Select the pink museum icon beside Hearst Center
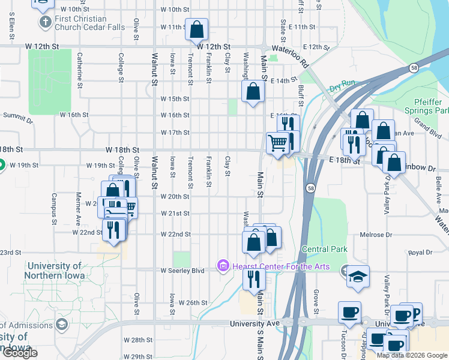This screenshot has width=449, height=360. pos(223,265)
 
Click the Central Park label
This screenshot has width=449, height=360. pos(325,248)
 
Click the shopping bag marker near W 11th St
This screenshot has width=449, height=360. pos(197,29)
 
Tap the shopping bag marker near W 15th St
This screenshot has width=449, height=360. pos(253,92)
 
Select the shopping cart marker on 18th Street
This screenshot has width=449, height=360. pos(277,143)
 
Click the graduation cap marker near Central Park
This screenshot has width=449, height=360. pos(358,276)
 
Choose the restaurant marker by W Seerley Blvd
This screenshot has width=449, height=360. pos(253,278)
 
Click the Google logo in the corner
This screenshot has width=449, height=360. pos(19,353)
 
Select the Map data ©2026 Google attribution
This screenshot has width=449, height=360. pos(411,355)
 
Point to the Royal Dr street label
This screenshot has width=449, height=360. pos(417,253)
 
